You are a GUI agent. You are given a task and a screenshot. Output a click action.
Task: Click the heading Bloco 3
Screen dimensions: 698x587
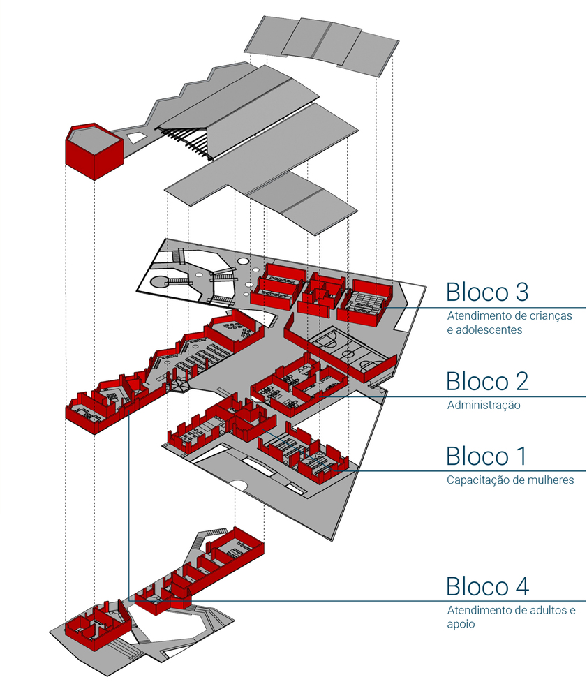[x=487, y=290]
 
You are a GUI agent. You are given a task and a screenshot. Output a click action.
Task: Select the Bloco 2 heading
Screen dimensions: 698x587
[x=487, y=381]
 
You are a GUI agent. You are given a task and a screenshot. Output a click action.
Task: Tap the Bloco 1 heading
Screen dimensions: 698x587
[x=486, y=456]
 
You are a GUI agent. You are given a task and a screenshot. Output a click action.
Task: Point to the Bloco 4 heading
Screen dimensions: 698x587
[x=487, y=586]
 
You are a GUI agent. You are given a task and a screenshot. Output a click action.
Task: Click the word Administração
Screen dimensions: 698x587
[x=484, y=405]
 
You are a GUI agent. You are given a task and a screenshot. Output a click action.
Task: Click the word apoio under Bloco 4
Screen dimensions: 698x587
[x=461, y=624]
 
